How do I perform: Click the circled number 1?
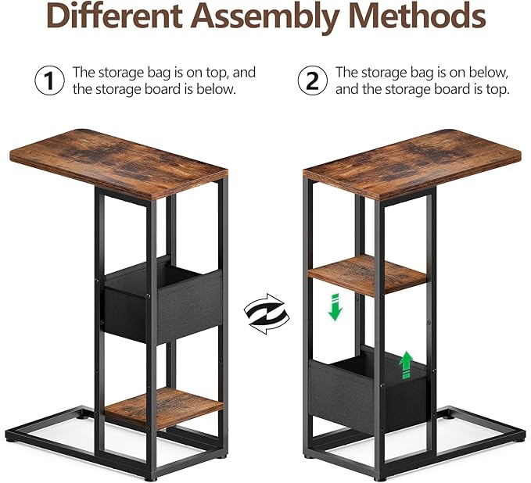coord(50,80)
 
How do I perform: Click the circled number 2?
coord(313,80)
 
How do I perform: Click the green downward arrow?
coord(335,307)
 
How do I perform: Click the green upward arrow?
coord(406,365)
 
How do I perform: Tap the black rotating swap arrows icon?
coord(267,313)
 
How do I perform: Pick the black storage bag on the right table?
coord(369,389)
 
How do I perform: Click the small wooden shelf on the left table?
coord(164,408)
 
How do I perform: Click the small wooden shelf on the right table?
coord(368,276)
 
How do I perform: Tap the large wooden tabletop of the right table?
coord(412,164)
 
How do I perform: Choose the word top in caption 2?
coord(497,90)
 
